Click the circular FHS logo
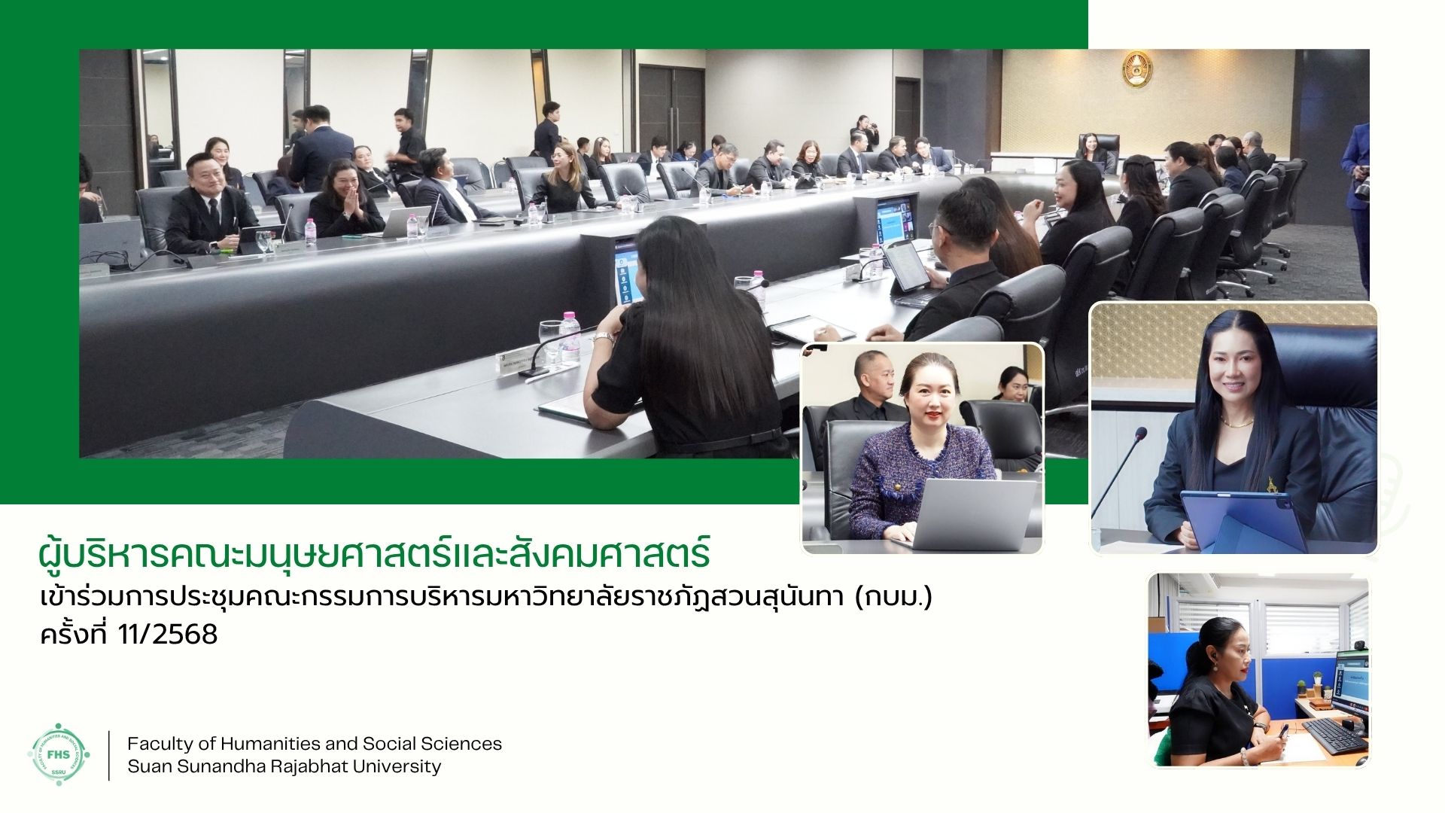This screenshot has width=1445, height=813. coord(59,755)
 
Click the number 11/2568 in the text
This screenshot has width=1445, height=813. coord(168,635)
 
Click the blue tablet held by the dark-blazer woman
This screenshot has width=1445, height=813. coord(1243,521)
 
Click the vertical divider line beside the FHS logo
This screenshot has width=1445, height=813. coord(109,755)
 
